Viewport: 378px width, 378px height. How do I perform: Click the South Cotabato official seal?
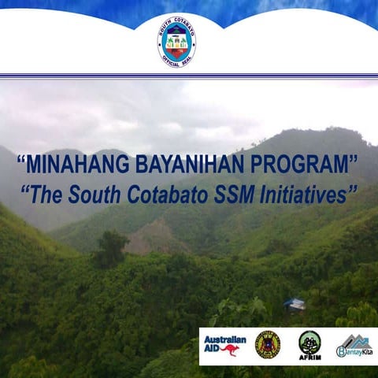pos(176,41)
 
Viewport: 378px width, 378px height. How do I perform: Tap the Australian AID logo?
pos(225,345)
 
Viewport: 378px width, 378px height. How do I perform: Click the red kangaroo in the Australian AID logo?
pos(232,350)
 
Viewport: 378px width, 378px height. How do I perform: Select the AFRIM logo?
pos(309,345)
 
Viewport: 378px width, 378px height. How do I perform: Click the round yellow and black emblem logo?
pos(268,344)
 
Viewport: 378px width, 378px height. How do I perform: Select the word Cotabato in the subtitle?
pos(164,196)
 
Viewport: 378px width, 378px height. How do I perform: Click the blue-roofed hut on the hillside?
pos(295,304)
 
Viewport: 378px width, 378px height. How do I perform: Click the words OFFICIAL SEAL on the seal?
pos(176,62)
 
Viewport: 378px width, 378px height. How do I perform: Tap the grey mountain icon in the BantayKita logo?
pos(355,339)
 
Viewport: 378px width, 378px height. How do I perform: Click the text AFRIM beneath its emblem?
pos(309,357)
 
